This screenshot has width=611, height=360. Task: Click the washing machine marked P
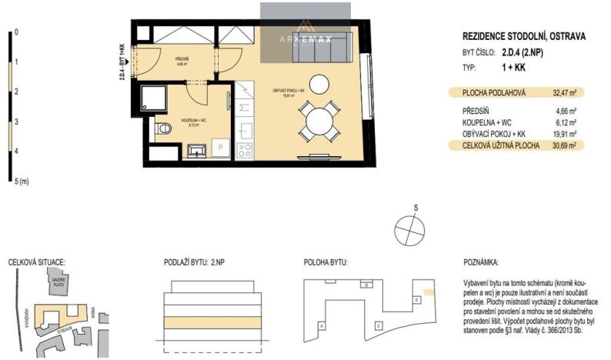pyautogui.click(x=221, y=148)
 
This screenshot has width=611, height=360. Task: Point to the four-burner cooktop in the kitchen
pyautogui.click(x=245, y=149)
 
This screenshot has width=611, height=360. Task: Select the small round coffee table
pyautogui.click(x=318, y=82)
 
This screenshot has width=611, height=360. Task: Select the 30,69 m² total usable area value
pyautogui.click(x=565, y=144)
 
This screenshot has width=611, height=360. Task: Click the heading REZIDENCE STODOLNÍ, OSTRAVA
pyautogui.click(x=523, y=36)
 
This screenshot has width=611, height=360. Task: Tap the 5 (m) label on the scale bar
pyautogui.click(x=22, y=182)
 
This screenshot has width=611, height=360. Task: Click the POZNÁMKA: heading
pyautogui.click(x=482, y=262)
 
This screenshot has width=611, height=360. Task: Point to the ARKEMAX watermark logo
pyautogui.click(x=305, y=35)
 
